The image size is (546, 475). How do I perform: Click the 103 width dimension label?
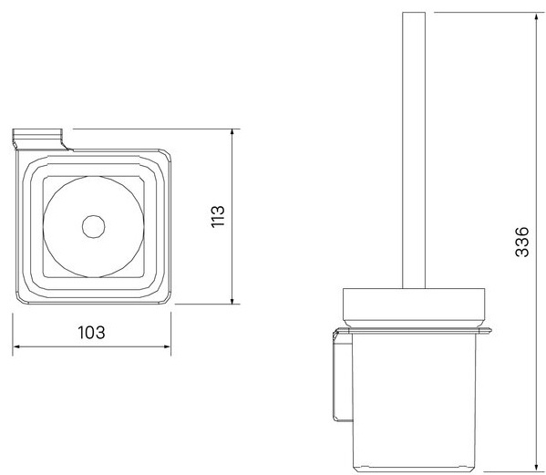tap(91, 333)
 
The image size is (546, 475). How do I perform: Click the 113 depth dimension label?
tap(219, 216)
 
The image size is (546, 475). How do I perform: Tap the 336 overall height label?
tap(522, 242)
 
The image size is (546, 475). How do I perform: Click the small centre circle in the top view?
tap(93, 227)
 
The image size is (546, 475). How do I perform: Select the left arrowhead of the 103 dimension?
tap(16, 346)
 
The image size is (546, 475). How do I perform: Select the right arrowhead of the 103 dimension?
tap(167, 346)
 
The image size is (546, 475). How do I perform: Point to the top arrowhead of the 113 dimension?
tap(232, 133)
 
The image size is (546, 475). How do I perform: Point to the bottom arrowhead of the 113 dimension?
tap(232, 300)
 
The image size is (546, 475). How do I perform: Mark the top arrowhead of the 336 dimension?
tap(537, 16)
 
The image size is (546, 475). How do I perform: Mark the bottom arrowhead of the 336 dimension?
tap(537, 466)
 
